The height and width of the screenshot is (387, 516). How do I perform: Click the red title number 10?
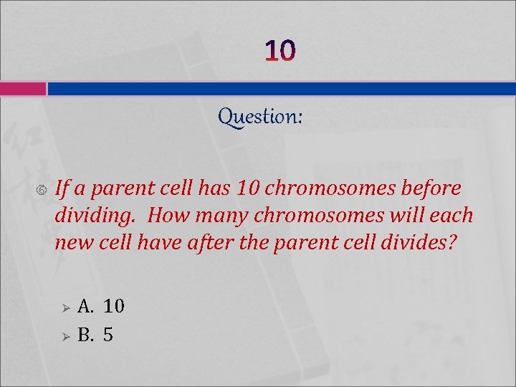[x=279, y=51]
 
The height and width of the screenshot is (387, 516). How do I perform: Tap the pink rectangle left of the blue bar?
[x=23, y=89]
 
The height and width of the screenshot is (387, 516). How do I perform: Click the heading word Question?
[x=260, y=116]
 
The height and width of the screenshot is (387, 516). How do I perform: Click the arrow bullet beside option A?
[x=64, y=308]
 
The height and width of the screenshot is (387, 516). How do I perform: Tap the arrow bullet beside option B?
[x=64, y=335]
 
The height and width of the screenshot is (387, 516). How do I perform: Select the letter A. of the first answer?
[x=86, y=307]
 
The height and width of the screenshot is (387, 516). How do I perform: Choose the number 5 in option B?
[x=108, y=335]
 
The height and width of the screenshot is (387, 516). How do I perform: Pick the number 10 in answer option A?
[x=114, y=307]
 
